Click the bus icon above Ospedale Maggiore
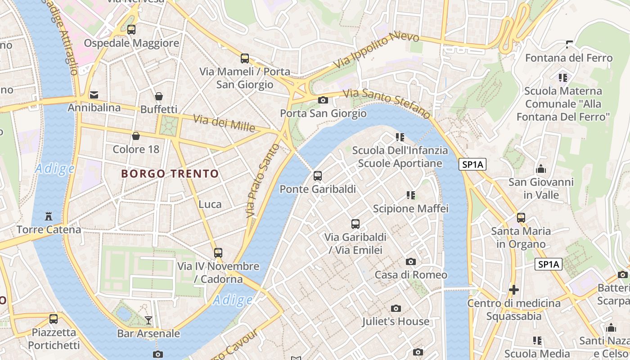131,30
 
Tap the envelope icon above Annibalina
94,94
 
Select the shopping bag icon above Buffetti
159,96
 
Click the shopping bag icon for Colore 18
136,136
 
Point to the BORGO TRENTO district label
170,174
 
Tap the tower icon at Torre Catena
49,216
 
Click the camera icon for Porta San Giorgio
323,100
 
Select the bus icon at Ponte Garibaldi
318,176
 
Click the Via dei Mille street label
224,123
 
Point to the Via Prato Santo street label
257,181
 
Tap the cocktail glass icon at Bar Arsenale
148,320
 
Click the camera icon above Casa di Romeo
410,261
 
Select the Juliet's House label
396,321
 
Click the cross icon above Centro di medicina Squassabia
514,289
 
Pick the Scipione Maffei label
410,208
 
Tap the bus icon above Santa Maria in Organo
521,218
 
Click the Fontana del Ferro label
569,58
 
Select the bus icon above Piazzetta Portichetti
54,319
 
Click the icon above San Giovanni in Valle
541,169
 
